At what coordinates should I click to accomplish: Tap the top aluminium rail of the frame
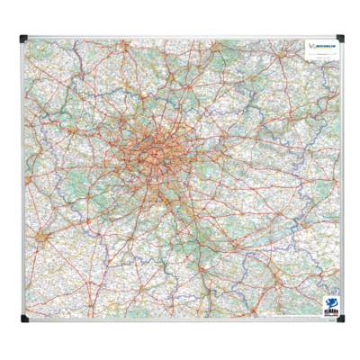click(x=180, y=36)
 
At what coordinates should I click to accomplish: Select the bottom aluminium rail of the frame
click(x=180, y=321)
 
